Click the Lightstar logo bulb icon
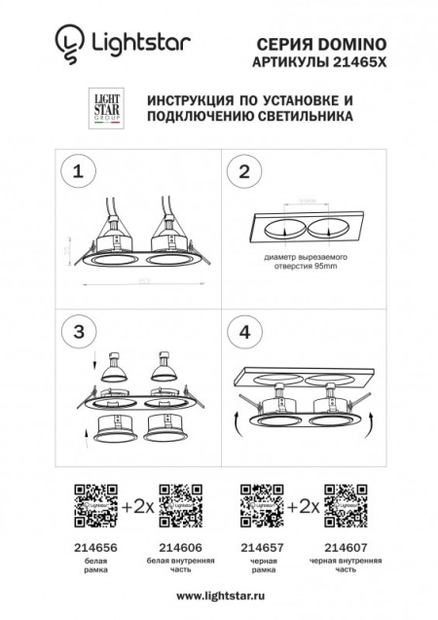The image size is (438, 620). pos(65,42)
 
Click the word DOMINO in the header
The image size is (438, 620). pos(355,44)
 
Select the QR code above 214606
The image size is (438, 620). pos(178,505)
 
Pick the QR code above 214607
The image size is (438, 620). pos(345,505)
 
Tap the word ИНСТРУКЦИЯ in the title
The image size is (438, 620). pos(190,100)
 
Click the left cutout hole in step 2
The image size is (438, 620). pos(285,230)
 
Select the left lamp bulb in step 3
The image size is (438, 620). pos(115,365)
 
